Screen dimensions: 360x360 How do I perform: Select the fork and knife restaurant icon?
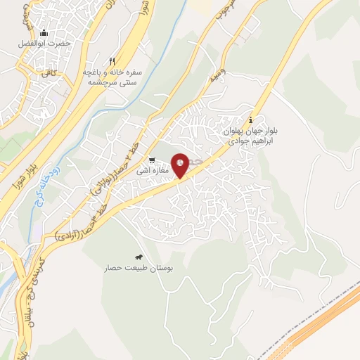pos(111,61)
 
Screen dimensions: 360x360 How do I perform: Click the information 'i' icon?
pos(252,119)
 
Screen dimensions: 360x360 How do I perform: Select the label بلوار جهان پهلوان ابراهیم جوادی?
pos(251,136)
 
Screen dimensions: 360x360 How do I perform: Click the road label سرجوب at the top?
pos(219,14)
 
